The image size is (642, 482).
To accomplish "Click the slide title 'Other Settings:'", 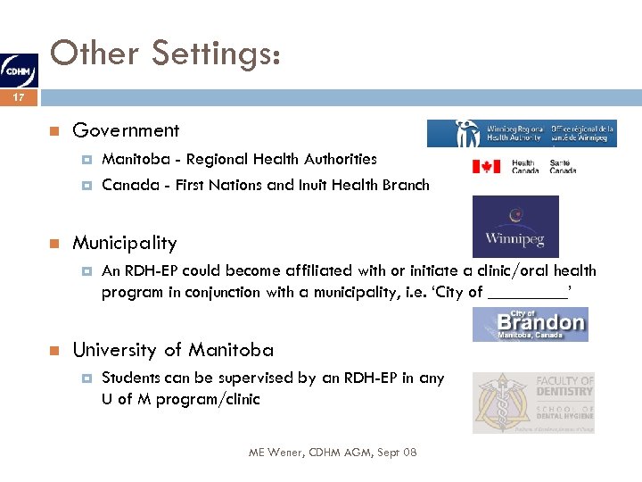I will (167, 54).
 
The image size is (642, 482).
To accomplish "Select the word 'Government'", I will (126, 130).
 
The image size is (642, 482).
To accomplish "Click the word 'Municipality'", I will (124, 243).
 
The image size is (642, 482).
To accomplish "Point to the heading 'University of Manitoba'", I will (173, 350).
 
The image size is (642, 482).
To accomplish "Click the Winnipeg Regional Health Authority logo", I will (521, 133).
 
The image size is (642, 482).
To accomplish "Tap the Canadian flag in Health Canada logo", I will (486, 166).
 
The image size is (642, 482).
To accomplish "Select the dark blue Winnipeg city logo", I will (514, 227).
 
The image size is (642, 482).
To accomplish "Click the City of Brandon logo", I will (530, 323).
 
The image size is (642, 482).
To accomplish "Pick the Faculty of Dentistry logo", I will (532, 403).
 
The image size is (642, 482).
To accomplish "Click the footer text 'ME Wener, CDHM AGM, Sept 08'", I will (332, 453).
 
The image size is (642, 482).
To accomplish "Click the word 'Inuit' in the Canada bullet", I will (330, 186).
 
